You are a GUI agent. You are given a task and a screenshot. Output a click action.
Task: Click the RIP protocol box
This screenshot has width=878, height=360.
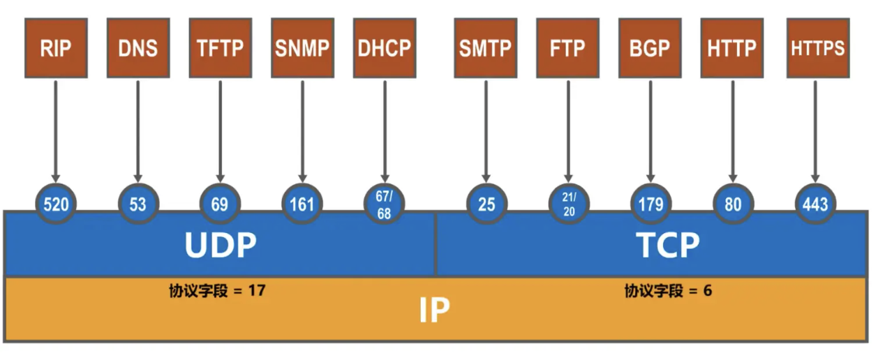point(56,48)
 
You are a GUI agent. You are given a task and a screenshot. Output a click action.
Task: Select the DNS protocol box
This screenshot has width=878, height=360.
point(138,48)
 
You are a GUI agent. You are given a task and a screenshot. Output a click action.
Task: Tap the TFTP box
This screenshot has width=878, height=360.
point(221,48)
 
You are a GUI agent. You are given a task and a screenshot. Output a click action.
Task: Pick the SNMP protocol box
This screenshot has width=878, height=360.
point(303,48)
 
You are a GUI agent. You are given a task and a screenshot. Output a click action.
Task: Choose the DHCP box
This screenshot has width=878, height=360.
point(385,48)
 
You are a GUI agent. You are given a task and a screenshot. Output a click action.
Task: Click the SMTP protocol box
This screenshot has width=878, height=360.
point(485,48)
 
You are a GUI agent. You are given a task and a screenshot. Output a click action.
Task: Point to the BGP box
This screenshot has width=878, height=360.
point(650,48)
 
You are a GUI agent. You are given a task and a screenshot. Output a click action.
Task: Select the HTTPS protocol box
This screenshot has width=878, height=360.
point(817,48)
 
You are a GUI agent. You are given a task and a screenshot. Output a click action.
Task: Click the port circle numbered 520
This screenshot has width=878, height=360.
point(56,204)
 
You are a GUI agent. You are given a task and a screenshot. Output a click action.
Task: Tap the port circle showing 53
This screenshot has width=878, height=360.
point(138,204)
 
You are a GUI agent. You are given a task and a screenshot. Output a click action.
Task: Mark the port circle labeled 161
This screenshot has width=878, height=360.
point(303,204)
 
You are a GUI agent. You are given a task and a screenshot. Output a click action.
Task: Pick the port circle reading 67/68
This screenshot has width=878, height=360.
point(385,204)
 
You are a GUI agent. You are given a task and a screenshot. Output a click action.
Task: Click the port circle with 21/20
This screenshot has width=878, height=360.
point(568,204)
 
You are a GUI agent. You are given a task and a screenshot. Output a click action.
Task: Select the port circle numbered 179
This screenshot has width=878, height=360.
point(650,204)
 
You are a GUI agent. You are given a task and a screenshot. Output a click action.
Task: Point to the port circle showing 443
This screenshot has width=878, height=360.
point(815,204)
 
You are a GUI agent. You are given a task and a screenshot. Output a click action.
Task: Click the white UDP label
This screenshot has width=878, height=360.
point(221,246)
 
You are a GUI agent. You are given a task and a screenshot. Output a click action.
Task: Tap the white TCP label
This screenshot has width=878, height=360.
point(667,246)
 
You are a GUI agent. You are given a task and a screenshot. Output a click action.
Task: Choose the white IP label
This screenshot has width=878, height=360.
point(434,311)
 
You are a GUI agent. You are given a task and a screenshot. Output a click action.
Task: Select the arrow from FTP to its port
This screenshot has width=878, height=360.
point(568,129)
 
